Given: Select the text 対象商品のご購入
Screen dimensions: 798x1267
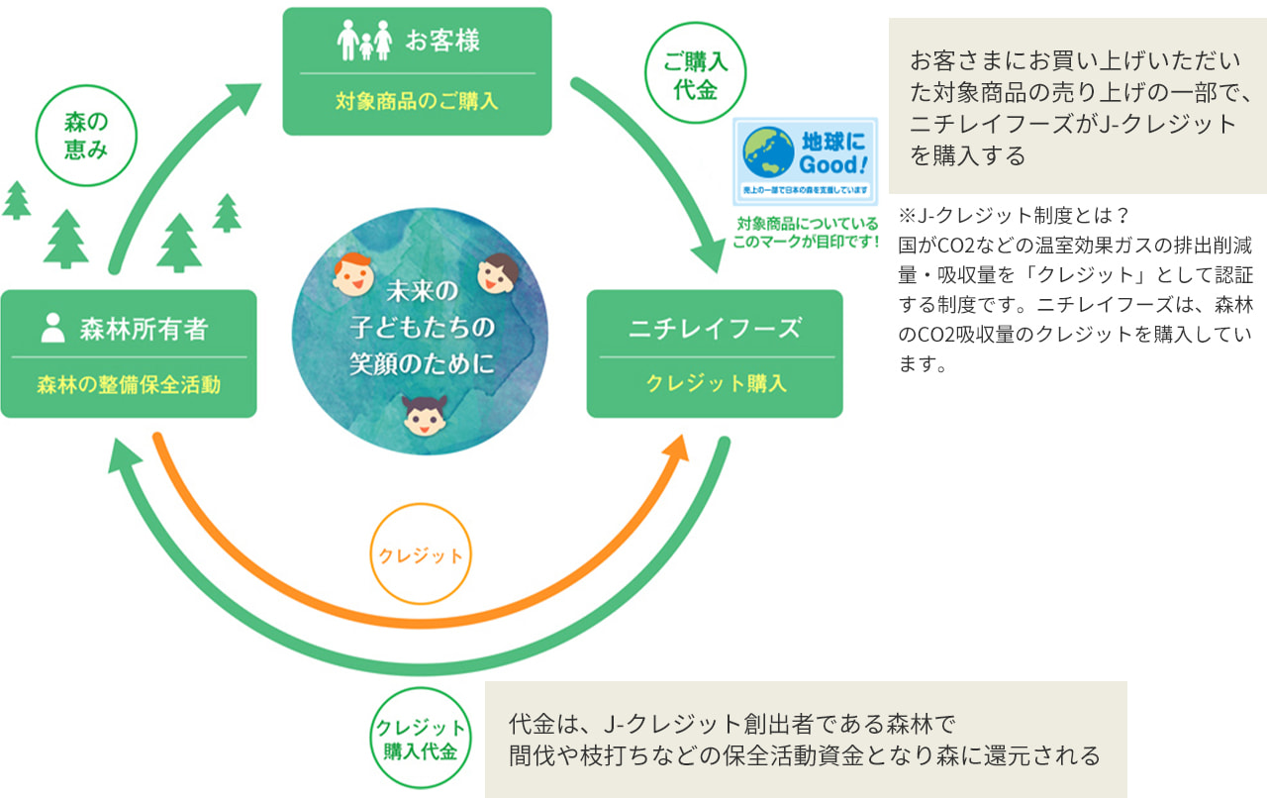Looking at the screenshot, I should click(416, 101).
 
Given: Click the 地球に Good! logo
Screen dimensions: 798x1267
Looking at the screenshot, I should click(805, 161).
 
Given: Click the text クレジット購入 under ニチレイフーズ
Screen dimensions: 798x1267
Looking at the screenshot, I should click(716, 384).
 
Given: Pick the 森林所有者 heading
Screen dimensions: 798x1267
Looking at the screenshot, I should click(144, 329).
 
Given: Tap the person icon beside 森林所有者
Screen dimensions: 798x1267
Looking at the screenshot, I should click(52, 328).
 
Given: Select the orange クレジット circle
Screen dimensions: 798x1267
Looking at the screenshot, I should click(420, 555).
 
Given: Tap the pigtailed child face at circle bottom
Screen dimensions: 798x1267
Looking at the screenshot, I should click(422, 415).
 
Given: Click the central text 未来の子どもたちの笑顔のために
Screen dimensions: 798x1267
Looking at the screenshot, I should click(421, 328).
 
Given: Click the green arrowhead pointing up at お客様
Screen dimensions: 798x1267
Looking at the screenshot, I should click(241, 100).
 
